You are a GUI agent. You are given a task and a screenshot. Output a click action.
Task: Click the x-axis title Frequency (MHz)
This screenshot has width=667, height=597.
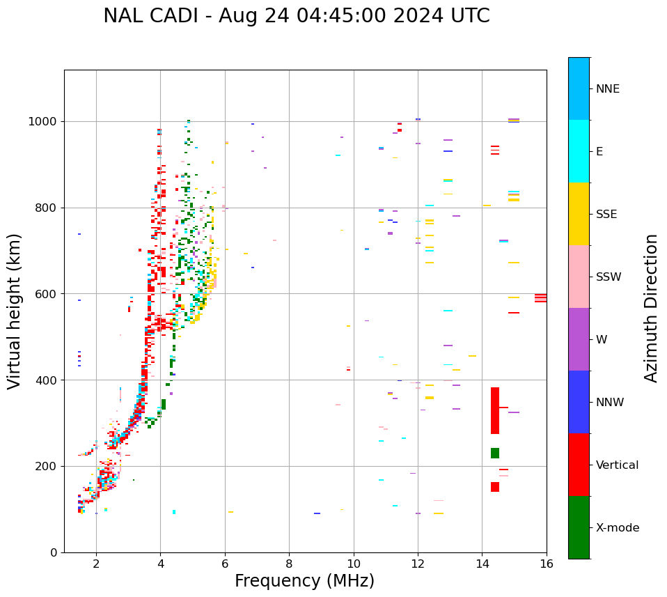pos(304,581)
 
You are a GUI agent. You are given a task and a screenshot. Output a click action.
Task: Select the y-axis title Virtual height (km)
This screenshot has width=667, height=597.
pos(15,311)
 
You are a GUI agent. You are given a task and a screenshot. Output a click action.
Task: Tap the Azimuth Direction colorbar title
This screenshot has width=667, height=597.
pos(651,307)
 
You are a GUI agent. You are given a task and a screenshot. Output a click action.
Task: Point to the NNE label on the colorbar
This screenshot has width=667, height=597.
pos(607,89)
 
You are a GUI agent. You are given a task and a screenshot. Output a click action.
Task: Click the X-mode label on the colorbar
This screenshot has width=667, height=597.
pos(617,528)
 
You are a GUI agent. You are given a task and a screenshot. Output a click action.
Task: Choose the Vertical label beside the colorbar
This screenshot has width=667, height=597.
pos(617,465)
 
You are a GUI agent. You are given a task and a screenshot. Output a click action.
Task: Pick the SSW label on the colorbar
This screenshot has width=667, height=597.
pos(609,277)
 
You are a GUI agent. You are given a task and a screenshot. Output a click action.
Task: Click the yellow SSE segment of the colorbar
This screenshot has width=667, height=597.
pos(579,214)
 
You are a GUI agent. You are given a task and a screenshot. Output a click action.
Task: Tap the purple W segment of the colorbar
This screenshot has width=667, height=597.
pos(579,339)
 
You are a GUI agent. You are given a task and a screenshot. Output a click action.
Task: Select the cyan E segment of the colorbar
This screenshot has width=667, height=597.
pos(579,151)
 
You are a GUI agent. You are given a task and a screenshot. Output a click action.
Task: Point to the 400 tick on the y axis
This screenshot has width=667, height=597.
pos(47,380)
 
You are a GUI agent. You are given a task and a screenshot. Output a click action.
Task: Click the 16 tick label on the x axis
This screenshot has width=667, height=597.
pos(546,564)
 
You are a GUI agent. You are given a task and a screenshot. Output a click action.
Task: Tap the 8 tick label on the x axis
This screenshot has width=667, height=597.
pos(289,564)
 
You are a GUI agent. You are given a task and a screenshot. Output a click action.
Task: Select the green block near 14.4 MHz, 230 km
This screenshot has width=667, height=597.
pos(495,453)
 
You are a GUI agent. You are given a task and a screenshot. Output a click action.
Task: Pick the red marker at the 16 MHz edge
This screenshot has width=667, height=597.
pos(540,297)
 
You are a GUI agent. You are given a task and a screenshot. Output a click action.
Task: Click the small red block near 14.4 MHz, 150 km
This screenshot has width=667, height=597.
pos(495,487)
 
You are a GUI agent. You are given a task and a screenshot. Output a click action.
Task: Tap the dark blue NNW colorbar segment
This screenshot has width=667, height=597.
pos(579,402)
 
